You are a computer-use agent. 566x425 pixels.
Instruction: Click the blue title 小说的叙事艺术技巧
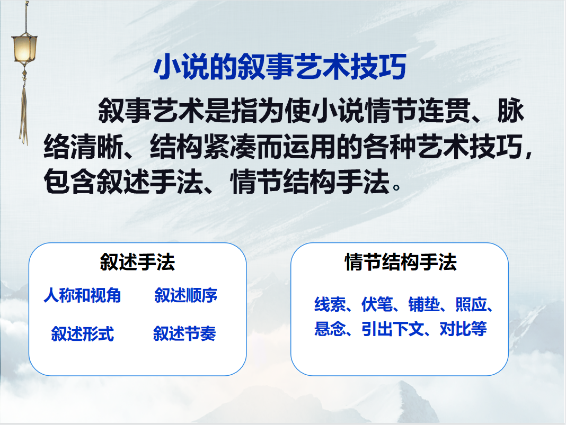tap(280, 67)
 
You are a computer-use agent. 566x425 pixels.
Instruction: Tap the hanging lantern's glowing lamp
tap(24, 48)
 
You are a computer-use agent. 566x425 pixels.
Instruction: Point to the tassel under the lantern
tap(23, 111)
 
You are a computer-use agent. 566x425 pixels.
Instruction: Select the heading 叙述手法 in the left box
tap(137, 262)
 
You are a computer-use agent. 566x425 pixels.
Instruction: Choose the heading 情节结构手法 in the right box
tap(400, 262)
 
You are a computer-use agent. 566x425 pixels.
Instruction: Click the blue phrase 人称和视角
tap(82, 295)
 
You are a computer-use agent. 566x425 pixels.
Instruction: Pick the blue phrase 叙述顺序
tap(185, 295)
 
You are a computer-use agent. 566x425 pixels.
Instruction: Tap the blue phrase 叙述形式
tap(82, 334)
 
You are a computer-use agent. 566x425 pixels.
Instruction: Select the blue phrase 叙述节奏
tap(184, 334)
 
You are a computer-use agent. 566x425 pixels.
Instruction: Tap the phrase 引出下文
tap(393, 329)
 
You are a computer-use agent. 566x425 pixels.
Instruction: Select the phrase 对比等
tap(463, 329)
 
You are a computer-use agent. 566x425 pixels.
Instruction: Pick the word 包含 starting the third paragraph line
tap(69, 183)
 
